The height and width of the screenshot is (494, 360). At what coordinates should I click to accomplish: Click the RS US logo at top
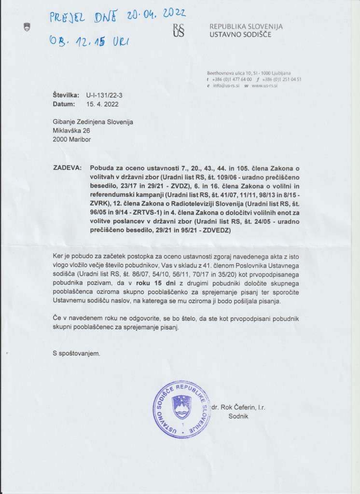click(179, 30)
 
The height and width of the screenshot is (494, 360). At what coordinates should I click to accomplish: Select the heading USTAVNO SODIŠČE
click(240, 35)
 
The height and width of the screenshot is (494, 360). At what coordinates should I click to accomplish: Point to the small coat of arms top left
click(27, 27)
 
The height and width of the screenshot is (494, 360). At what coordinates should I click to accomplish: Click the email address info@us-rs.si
click(225, 85)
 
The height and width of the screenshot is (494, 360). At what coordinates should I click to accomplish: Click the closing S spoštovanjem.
click(77, 354)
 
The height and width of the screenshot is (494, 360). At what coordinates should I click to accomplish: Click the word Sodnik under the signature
click(238, 416)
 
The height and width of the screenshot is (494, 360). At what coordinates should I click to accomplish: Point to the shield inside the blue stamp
click(182, 407)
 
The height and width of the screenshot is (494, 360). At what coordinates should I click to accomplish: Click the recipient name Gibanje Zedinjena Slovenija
click(93, 122)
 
